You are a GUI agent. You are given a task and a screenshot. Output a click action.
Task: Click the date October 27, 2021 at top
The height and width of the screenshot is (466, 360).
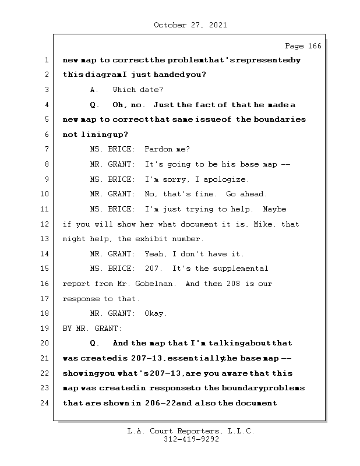coord(190,25)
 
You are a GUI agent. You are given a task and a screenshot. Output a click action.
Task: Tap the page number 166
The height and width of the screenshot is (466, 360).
coord(303,46)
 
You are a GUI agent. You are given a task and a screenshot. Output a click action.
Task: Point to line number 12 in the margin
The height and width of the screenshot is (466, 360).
coord(45,224)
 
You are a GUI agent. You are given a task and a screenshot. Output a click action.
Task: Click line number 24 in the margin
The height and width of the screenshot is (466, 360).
coord(45,403)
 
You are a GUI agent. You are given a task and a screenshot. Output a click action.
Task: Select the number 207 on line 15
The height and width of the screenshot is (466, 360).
coord(153,269)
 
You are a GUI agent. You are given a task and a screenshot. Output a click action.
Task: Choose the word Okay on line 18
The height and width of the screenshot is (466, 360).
coord(156,313)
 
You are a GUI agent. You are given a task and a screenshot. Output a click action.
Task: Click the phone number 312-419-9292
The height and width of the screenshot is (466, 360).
coord(190,440)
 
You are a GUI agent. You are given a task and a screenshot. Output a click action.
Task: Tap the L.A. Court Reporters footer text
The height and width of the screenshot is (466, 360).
coord(190,432)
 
